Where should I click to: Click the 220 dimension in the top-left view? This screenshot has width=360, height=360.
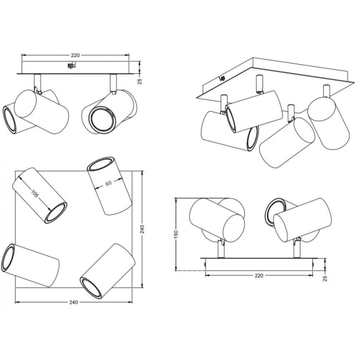(x=75, y=56)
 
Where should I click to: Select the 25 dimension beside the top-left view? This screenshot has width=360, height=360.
(x=140, y=81)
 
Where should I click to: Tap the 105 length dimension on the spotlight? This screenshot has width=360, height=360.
(x=35, y=194)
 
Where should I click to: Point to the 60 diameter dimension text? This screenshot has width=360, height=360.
(x=109, y=183)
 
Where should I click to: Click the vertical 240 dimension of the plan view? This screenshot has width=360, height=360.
(x=142, y=229)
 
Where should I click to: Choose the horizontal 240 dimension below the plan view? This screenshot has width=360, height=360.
(x=73, y=302)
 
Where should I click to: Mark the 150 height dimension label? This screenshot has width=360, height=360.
(x=176, y=234)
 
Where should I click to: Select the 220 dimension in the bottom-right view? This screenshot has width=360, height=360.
(x=259, y=276)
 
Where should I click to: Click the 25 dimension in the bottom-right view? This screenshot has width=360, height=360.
(x=325, y=278)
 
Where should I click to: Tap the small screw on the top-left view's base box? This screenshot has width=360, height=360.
(x=71, y=65)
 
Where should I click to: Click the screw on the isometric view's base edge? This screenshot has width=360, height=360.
(x=222, y=79)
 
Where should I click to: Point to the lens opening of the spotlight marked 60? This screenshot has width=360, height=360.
(x=100, y=164)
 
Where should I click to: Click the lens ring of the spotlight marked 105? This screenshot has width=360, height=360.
(x=56, y=213)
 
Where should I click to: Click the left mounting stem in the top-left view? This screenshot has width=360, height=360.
(x=38, y=82)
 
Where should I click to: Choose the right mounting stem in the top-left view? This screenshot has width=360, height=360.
(x=113, y=82)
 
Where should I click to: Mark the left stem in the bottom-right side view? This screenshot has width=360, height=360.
(x=221, y=249)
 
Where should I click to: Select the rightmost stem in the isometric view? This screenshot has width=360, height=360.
(x=326, y=92)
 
